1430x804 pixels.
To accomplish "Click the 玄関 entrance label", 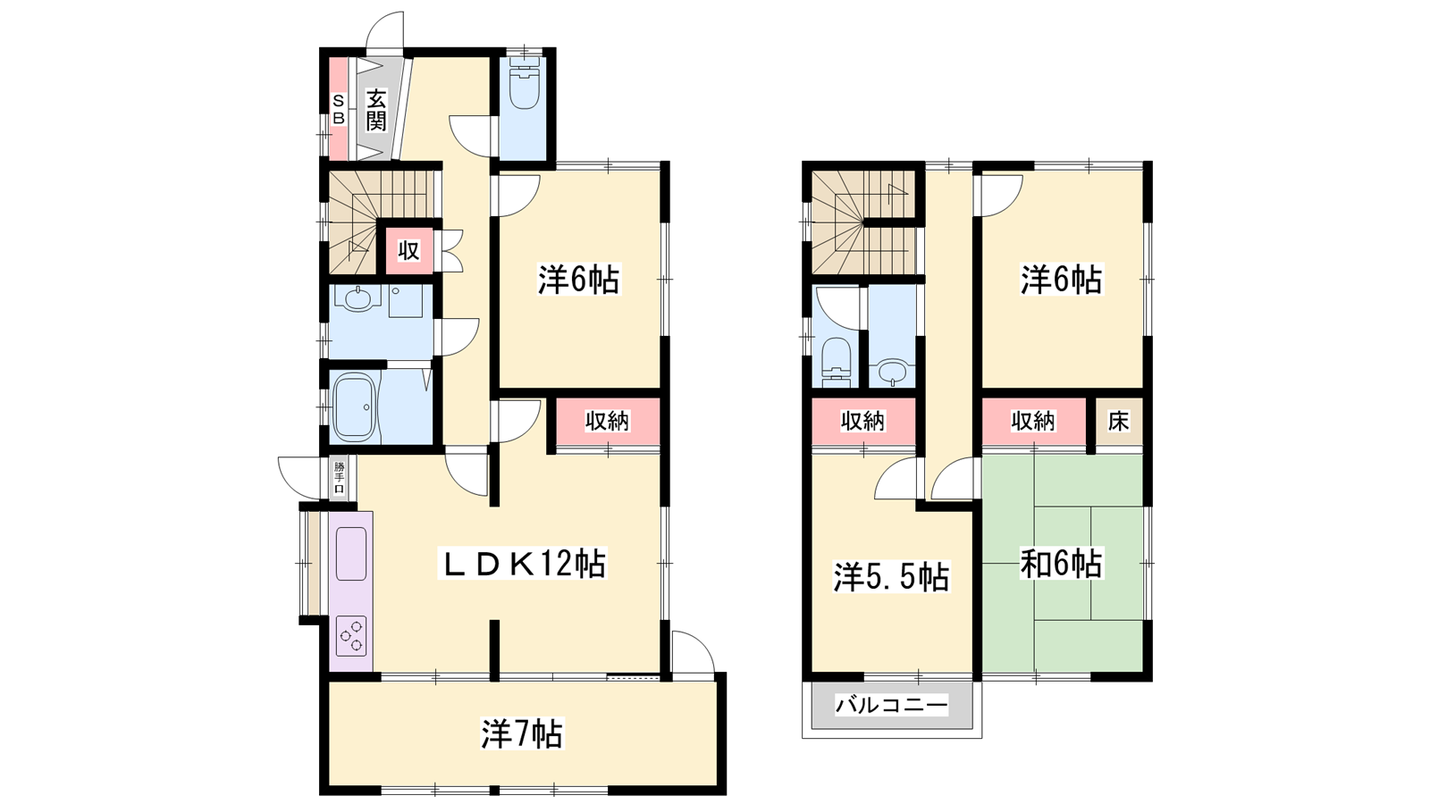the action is tap(376, 111).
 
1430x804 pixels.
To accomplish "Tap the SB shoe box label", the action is tap(339, 109).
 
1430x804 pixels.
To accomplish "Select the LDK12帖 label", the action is tap(522, 564).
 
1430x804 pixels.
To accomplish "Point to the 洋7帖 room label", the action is tap(522, 733).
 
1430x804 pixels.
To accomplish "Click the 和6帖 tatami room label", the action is tap(1061, 564).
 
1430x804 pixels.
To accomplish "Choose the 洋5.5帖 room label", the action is tap(892, 577).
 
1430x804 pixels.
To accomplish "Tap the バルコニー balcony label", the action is tap(892, 705).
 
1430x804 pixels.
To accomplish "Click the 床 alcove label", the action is tap(1118, 421).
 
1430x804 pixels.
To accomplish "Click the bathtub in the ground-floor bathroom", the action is tap(354, 407).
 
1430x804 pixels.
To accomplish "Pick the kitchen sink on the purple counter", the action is tap(351, 554).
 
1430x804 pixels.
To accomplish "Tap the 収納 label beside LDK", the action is tap(607, 421).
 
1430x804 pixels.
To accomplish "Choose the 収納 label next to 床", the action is tap(1033, 421).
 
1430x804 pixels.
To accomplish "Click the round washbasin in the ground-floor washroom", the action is tap(357, 298).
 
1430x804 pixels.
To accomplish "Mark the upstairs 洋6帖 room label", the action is tap(1061, 280).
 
